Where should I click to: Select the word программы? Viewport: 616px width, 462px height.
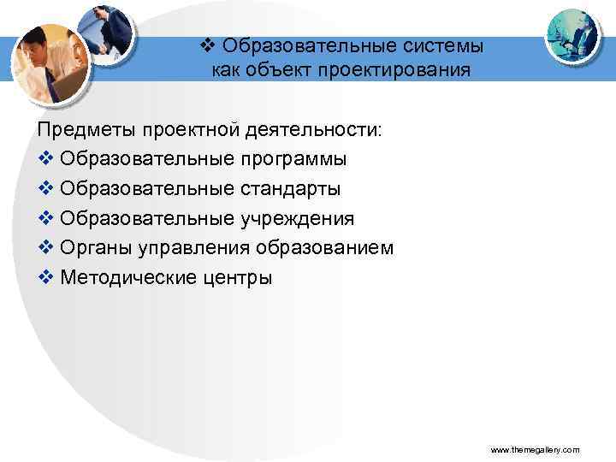(x=294, y=159)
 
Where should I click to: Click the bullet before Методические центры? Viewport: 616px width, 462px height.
(x=45, y=277)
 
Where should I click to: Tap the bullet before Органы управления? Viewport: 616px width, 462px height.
(x=45, y=248)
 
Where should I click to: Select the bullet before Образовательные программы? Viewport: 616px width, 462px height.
(x=45, y=159)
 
